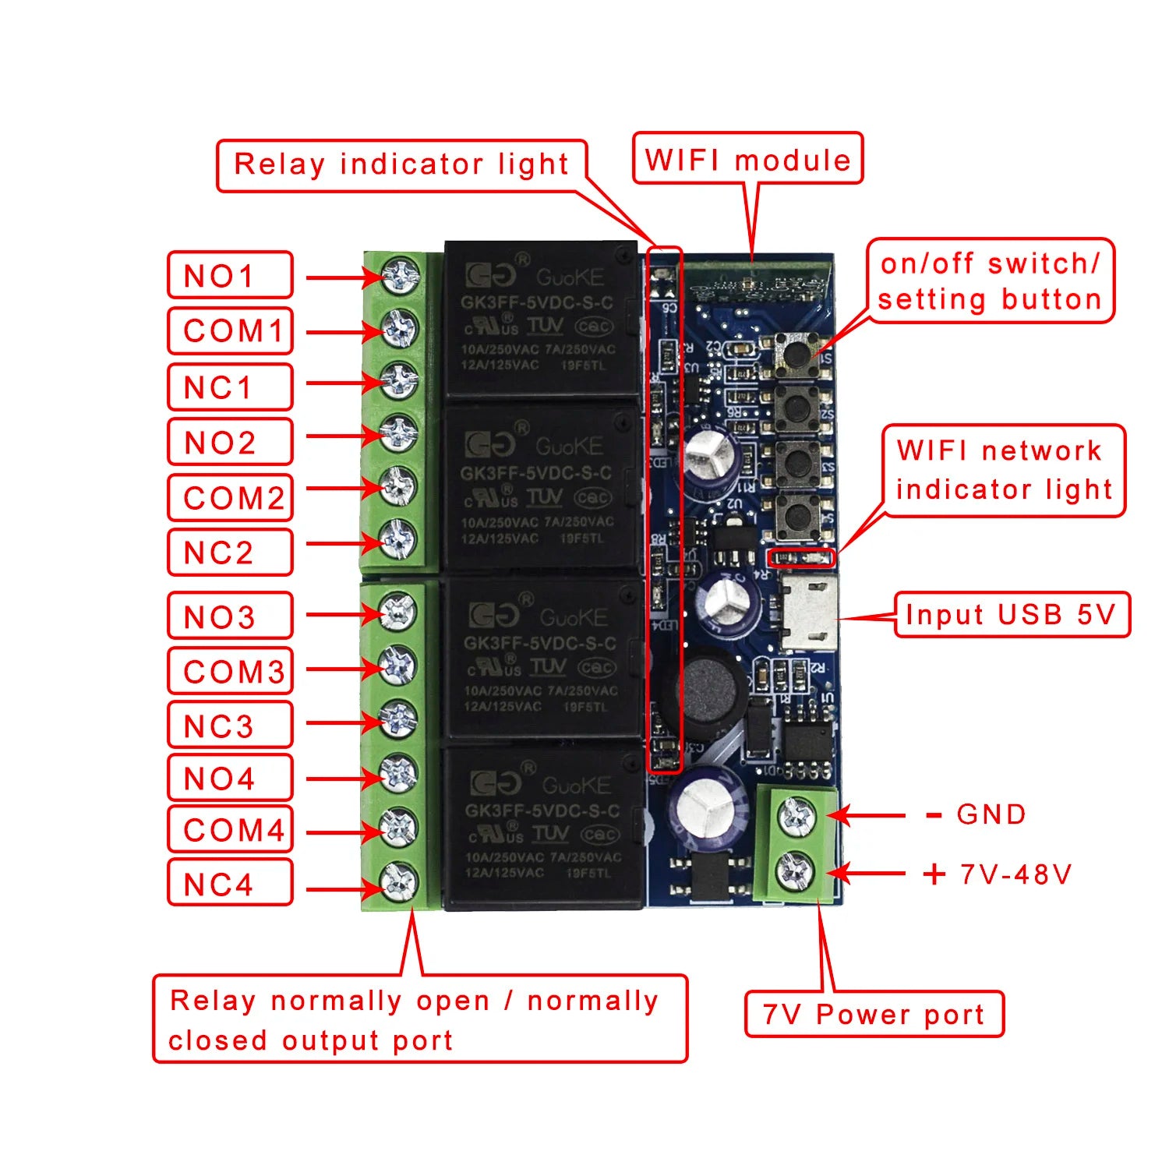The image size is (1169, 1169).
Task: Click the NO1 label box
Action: click(230, 275)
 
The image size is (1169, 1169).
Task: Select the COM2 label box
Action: click(230, 497)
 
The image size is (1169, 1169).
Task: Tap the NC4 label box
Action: click(230, 883)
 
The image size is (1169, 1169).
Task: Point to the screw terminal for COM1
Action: click(399, 329)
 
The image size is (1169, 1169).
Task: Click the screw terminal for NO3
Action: click(398, 612)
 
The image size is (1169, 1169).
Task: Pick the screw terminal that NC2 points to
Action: click(398, 540)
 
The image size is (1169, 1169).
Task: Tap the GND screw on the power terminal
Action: click(796, 815)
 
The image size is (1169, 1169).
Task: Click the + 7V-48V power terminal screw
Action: click(796, 871)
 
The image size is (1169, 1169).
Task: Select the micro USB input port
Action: click(811, 613)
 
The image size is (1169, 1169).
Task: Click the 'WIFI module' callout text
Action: click(747, 160)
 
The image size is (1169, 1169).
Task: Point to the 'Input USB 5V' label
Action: click(1011, 615)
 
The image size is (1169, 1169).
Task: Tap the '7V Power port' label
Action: click(874, 1015)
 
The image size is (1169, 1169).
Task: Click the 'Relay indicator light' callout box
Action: click(401, 165)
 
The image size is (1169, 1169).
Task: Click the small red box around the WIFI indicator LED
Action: click(801, 558)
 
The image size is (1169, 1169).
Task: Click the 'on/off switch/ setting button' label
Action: click(990, 281)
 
